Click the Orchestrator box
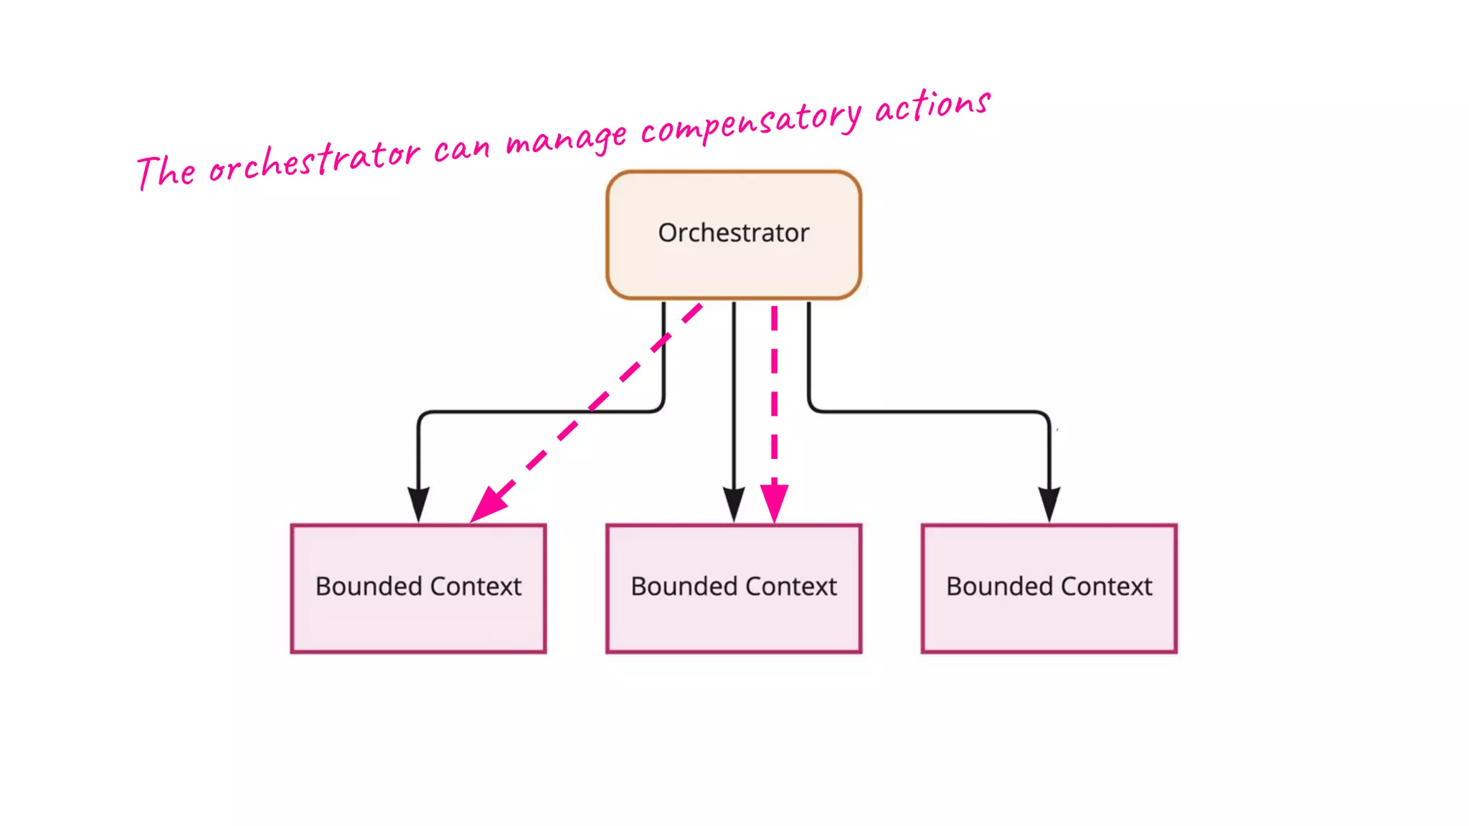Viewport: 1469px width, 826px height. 733,234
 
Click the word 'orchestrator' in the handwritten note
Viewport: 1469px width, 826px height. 313,161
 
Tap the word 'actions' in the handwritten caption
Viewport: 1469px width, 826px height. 932,106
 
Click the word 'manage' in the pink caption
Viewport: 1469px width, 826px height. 567,138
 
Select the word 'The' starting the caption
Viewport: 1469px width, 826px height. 166,172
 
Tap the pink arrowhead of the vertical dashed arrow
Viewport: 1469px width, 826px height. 774,501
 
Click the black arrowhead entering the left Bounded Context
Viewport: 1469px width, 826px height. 418,503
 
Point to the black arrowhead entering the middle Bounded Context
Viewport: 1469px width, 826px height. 733,503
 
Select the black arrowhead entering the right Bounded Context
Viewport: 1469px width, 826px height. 1049,503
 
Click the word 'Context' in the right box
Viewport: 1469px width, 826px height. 1106,587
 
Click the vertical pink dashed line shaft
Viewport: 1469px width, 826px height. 774,402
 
